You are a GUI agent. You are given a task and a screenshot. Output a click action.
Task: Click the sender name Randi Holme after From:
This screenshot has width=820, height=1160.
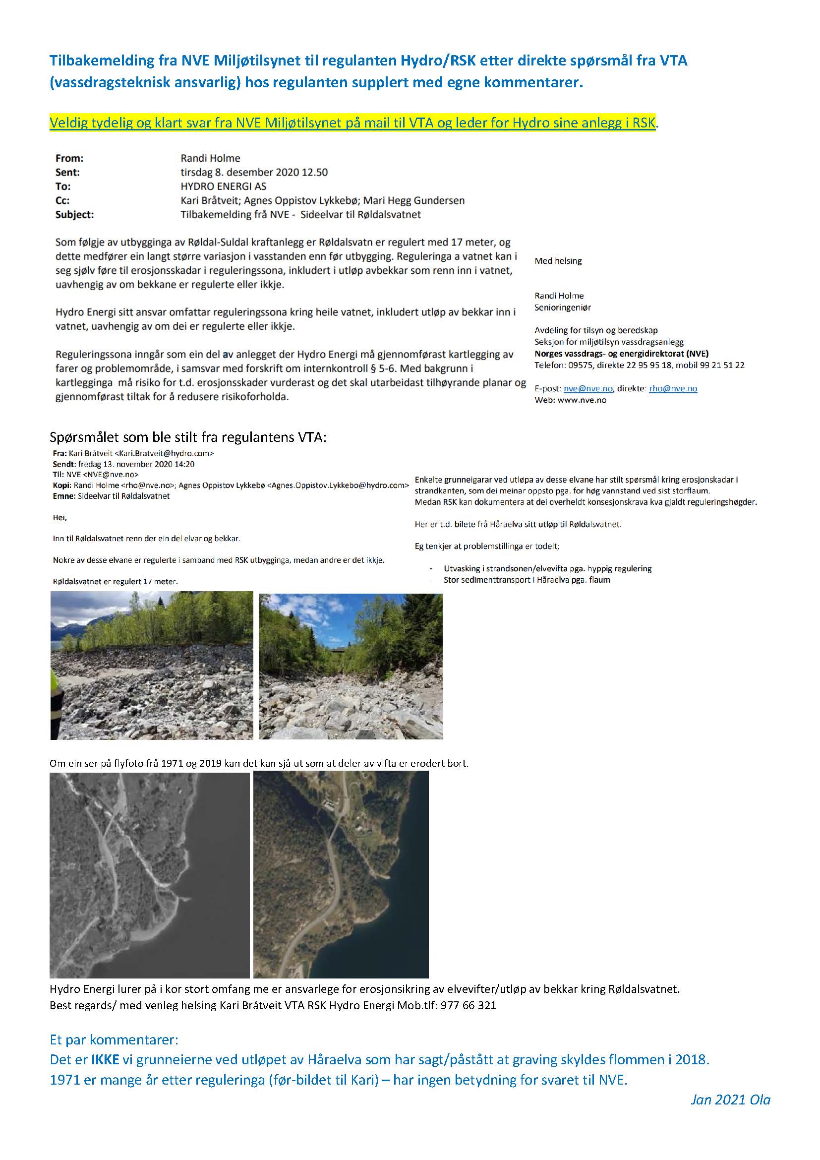click(x=210, y=158)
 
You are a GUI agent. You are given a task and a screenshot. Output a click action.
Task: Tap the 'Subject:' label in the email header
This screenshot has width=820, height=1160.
click(x=75, y=214)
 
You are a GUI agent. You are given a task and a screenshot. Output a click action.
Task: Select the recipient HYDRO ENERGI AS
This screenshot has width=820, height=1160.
click(x=223, y=186)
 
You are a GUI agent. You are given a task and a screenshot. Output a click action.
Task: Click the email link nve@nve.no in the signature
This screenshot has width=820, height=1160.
click(x=588, y=388)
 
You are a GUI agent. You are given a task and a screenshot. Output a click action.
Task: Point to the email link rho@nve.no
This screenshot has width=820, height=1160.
click(x=673, y=388)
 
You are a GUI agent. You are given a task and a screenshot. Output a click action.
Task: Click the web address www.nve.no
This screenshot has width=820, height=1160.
click(x=582, y=400)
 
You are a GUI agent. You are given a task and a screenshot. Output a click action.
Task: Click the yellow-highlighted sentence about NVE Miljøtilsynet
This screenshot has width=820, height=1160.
click(x=352, y=123)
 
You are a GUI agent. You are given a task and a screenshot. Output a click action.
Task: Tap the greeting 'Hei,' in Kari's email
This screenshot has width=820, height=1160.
click(x=59, y=517)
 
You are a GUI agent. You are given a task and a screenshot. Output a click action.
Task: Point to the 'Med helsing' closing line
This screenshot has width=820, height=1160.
click(x=558, y=261)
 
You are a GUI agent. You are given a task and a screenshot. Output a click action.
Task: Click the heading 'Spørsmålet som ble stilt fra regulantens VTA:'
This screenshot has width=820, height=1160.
click(x=188, y=437)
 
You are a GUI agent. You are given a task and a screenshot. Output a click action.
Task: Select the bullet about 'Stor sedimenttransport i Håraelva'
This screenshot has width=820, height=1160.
click(x=527, y=580)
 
